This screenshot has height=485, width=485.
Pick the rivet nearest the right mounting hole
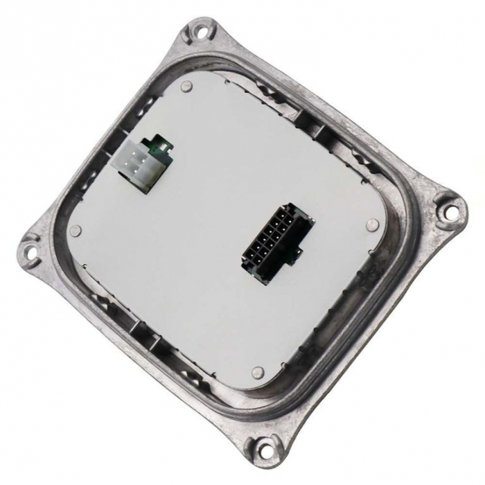[372, 224]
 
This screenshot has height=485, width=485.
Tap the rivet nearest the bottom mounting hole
[258, 373]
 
